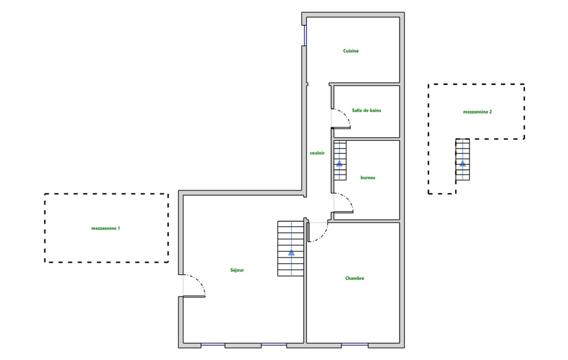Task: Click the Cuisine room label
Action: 351,51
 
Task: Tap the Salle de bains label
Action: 366,110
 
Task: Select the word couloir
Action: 318,153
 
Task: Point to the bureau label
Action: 368,178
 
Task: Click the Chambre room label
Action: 355,279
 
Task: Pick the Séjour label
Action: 237,270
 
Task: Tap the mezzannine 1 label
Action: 106,228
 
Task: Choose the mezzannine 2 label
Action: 478,112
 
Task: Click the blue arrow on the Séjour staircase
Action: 291,252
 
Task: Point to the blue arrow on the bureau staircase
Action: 340,163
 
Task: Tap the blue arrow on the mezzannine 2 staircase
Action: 463,163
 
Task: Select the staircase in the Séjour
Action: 291,248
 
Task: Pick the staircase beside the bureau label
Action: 340,160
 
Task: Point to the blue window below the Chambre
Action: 355,345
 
